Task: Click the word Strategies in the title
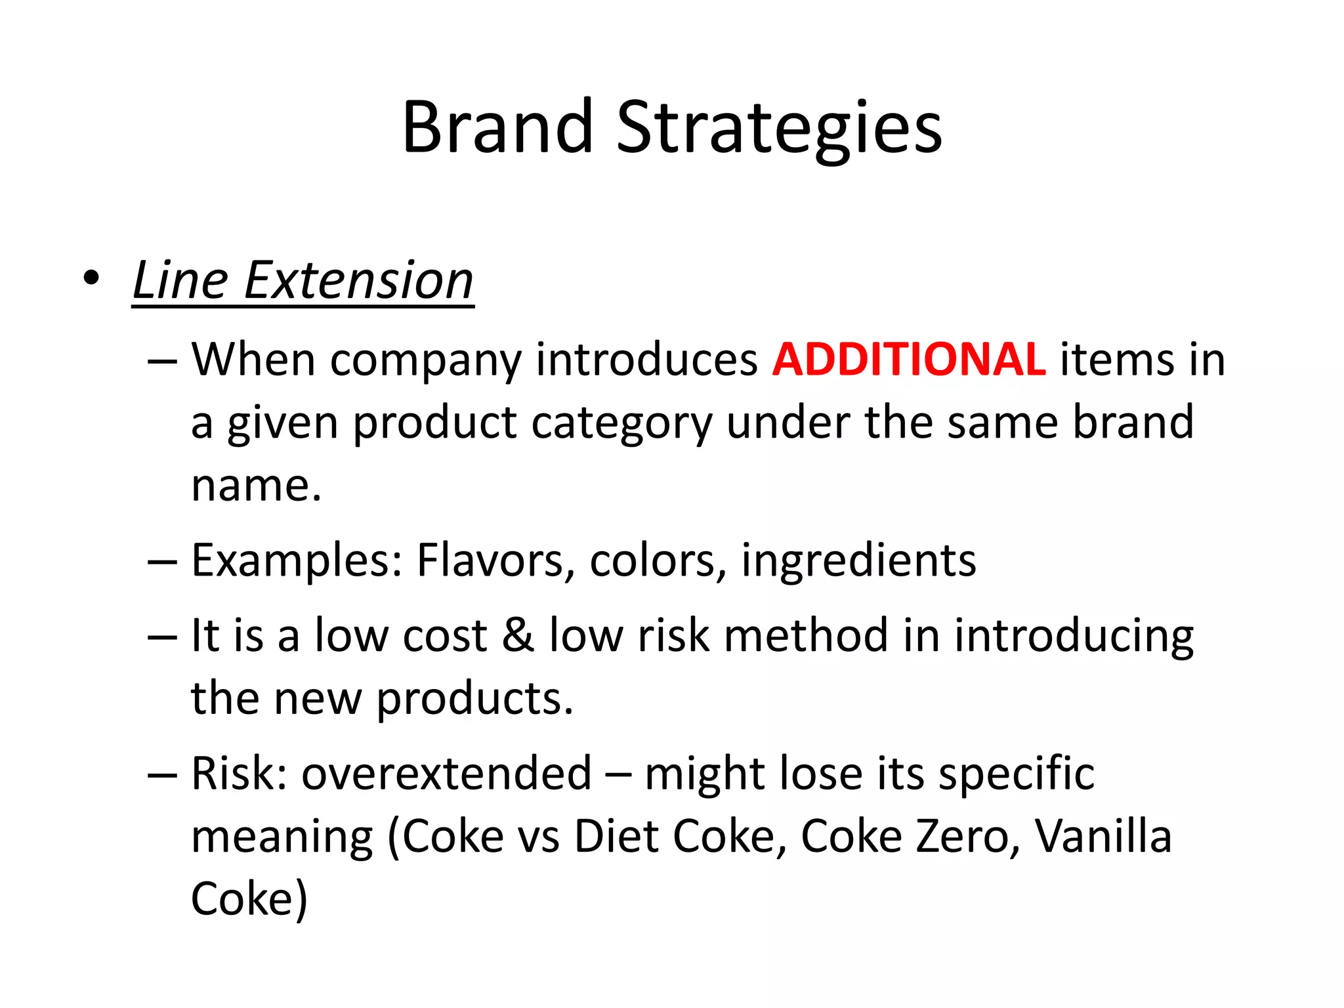[x=779, y=128]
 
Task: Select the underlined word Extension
[x=358, y=280]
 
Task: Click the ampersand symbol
[x=518, y=635]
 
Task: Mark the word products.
[x=474, y=699]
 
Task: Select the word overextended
[x=446, y=774]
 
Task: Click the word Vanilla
[x=1102, y=837]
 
